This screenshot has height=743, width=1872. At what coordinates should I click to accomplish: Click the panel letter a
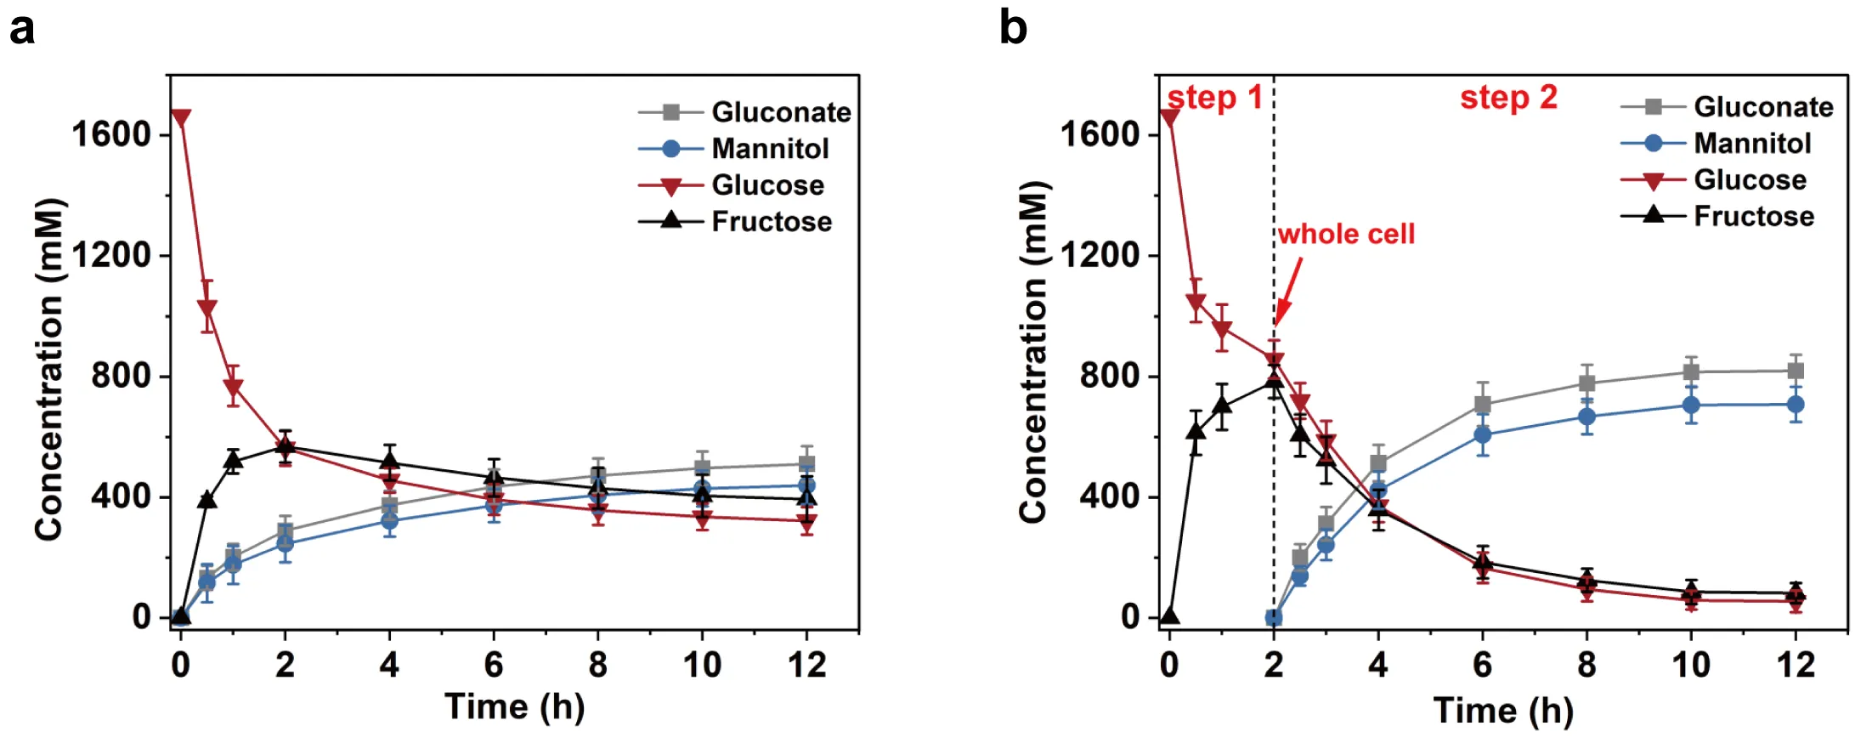(22, 29)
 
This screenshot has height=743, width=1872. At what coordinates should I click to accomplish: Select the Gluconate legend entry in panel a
(780, 111)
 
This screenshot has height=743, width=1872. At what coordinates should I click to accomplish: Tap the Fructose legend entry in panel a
(771, 221)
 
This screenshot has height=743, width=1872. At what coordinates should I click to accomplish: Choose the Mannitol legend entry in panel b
(1752, 143)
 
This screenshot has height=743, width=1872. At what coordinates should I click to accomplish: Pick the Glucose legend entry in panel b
(1750, 179)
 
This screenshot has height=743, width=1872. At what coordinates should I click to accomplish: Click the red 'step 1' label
(1214, 98)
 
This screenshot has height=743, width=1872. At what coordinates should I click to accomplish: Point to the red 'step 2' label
(1508, 98)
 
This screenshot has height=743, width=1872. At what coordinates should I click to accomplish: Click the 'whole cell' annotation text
(1346, 234)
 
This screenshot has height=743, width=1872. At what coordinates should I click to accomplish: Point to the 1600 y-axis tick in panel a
(110, 133)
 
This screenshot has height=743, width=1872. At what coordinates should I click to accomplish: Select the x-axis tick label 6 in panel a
(494, 664)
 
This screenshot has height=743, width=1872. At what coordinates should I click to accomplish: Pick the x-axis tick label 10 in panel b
(1691, 664)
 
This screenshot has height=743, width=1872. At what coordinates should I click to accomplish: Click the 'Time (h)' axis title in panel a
(514, 706)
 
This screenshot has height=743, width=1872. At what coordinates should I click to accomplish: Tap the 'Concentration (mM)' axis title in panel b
(1032, 352)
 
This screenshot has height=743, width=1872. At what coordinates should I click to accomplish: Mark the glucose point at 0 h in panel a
(180, 117)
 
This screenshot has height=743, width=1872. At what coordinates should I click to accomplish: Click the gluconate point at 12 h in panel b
(1796, 371)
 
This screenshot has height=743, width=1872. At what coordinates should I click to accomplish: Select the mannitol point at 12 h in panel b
(1796, 405)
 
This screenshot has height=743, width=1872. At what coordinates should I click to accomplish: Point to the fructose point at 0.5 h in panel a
(206, 500)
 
